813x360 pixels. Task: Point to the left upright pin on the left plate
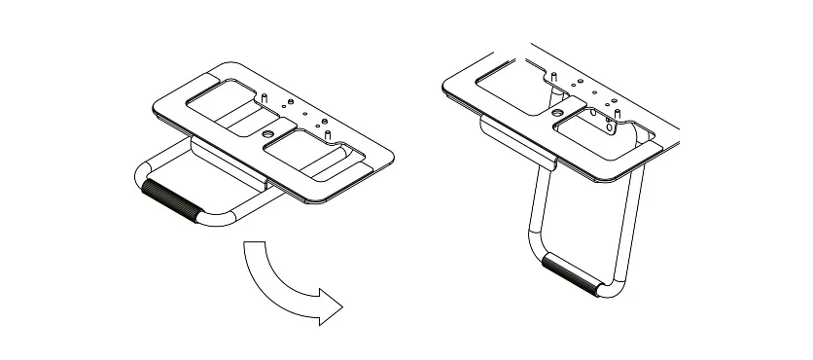(x=264, y=98)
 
